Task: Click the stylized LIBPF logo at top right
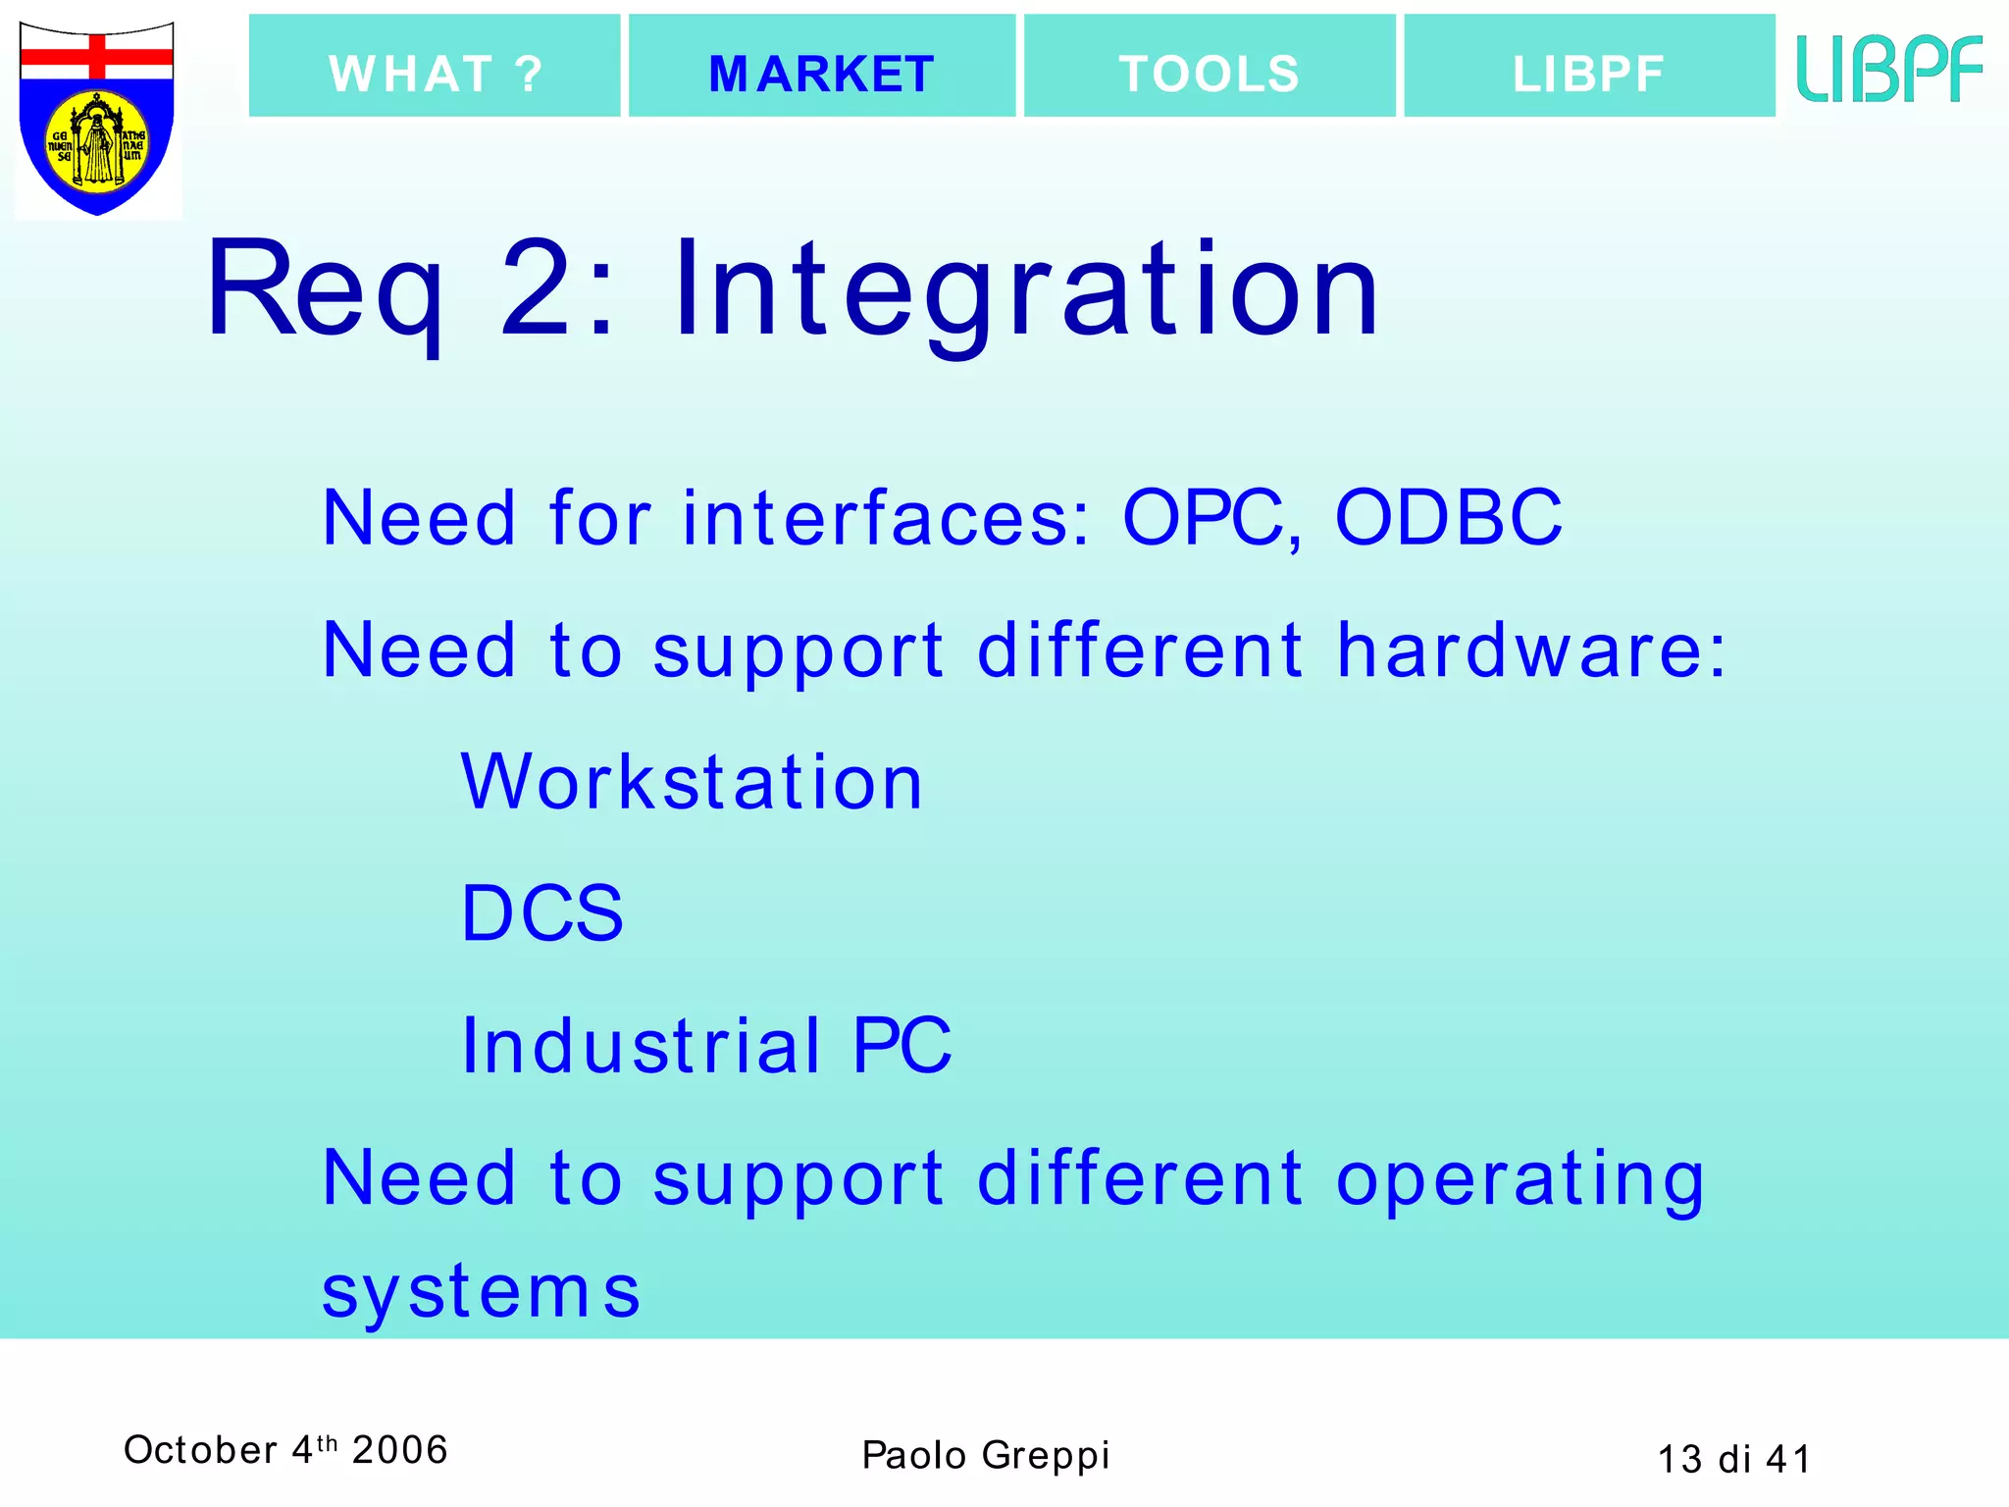[1889, 69]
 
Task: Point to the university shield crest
[97, 118]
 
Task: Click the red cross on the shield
[97, 57]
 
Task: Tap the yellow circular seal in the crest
[97, 142]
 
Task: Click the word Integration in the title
[1026, 290]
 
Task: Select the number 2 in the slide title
[537, 290]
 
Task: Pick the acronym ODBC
[1448, 517]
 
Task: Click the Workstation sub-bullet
[692, 782]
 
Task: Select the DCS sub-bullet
[542, 913]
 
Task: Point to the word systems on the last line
[481, 1291]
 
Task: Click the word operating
[1520, 1179]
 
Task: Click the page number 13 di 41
[1733, 1459]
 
